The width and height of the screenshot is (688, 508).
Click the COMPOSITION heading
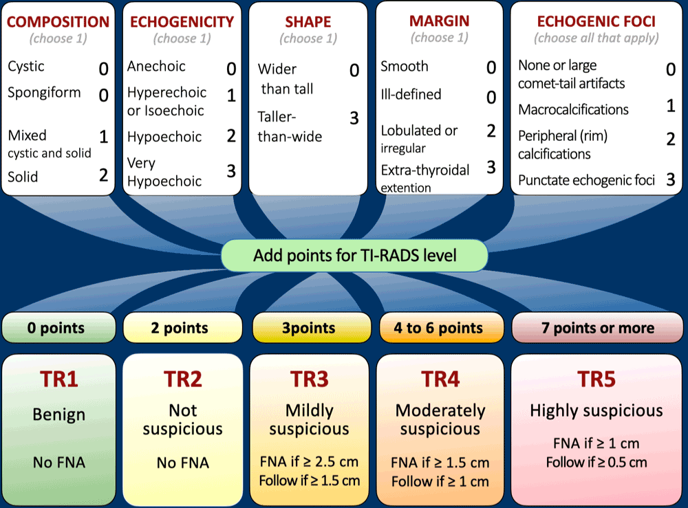coord(58,21)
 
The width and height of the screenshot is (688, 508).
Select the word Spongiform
coord(44,93)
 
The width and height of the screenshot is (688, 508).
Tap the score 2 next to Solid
coord(103,175)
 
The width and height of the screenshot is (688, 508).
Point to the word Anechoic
coord(156,67)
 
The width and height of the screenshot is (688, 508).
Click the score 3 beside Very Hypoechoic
coord(231,171)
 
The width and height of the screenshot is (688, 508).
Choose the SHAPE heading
coord(308,22)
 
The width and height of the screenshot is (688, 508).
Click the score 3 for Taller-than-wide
coord(354,118)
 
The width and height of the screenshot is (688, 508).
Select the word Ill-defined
coord(411,94)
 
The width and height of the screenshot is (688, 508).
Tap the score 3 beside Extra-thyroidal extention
coord(491,167)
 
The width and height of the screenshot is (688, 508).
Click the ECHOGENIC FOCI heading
coord(596,21)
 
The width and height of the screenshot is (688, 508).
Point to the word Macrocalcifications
coord(573,109)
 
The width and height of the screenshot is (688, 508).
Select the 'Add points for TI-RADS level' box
coord(354,256)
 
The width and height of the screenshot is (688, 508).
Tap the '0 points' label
coord(58,328)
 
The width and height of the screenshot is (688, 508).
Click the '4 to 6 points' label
coord(438,328)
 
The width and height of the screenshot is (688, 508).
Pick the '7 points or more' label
coord(597,328)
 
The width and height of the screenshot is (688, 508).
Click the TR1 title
coord(58,379)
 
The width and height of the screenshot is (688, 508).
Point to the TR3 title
coord(309,379)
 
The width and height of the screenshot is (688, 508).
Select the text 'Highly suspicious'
coord(596,411)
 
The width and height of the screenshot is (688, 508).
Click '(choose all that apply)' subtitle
coord(596,38)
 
